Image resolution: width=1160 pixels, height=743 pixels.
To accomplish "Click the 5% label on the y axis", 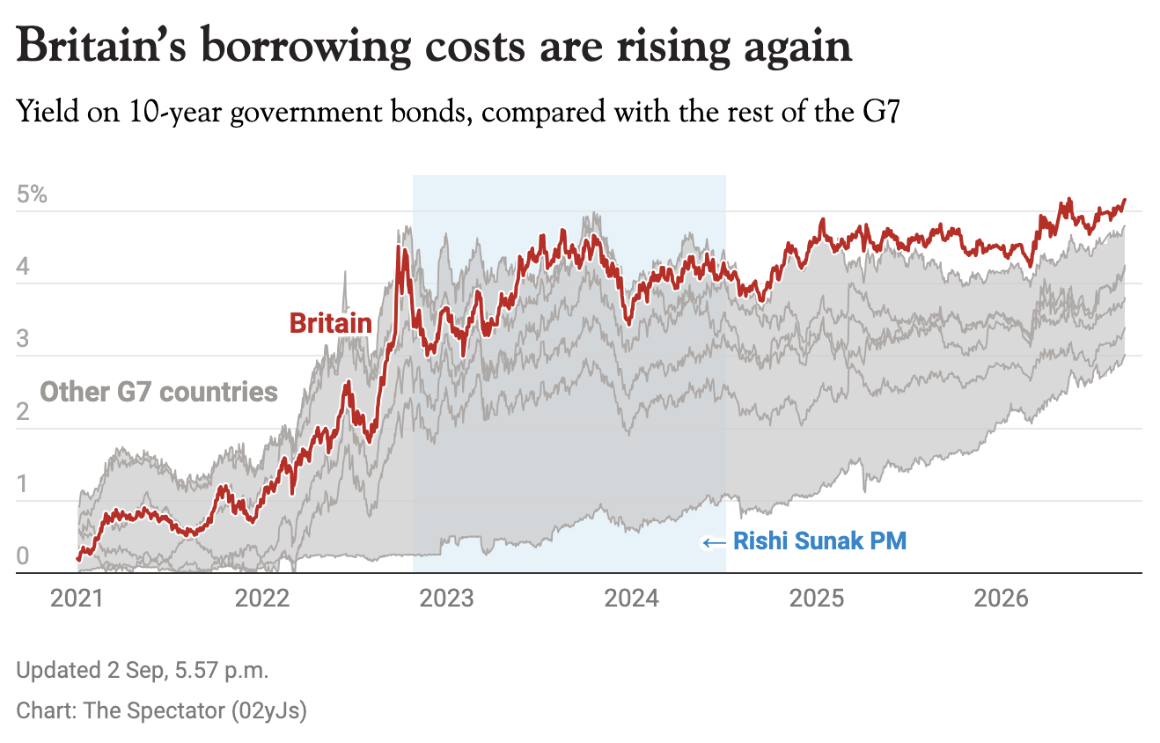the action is tap(32, 195).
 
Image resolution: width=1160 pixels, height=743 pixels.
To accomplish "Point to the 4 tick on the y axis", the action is tap(23, 267).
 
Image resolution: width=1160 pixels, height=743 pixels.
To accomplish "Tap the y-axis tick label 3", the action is tap(22, 339).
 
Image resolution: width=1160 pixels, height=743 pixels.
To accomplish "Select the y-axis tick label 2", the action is tap(22, 412).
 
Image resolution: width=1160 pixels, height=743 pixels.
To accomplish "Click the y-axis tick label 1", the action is tap(22, 484).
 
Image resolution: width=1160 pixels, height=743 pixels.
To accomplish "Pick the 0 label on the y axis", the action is tap(23, 556).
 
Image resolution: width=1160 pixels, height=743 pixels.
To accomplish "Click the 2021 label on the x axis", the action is tap(77, 599).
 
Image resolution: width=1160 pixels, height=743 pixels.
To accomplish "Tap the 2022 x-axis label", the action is tap(262, 599).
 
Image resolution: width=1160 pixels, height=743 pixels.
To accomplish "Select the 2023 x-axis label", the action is tap(446, 599).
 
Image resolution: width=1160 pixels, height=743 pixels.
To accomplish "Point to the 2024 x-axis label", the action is tap(632, 599).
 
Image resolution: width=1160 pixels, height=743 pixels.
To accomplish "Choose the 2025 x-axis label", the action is tap(817, 599).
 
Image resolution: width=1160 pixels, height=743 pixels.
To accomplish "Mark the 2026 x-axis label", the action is tap(1001, 599).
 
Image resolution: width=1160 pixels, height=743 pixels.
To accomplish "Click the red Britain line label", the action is tap(330, 323).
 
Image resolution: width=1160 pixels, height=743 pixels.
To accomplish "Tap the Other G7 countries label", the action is tap(159, 392).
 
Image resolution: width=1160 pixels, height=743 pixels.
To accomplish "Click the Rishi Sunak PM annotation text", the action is tap(819, 541).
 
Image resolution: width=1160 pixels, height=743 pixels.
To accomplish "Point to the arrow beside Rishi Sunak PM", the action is tap(714, 543).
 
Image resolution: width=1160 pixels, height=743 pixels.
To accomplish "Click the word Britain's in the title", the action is tap(101, 46).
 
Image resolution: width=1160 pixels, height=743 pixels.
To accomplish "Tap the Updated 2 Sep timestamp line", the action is tap(143, 670).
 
